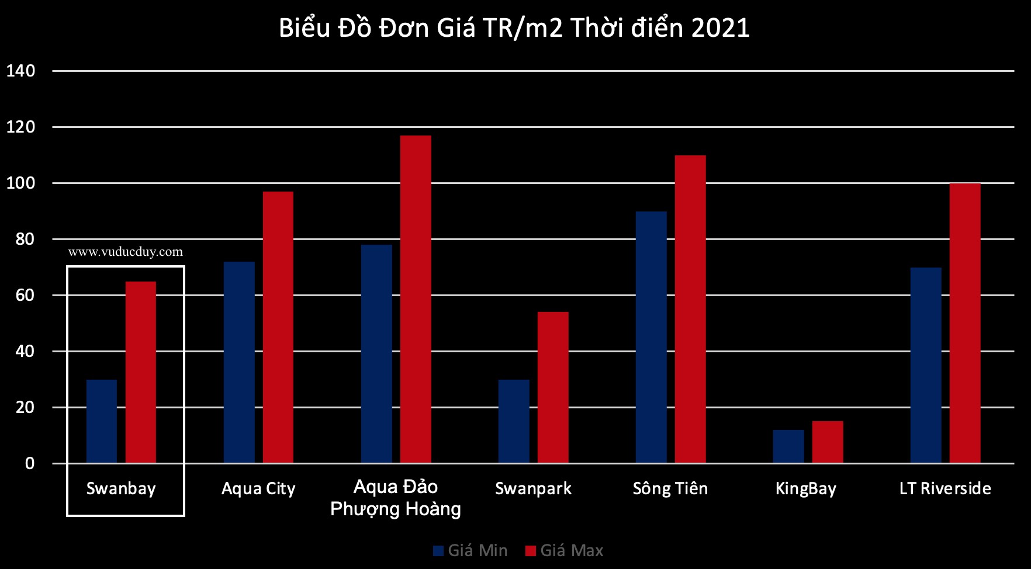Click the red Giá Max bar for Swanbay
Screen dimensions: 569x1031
pyautogui.click(x=141, y=372)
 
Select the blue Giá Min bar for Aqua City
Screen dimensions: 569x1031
pyautogui.click(x=239, y=362)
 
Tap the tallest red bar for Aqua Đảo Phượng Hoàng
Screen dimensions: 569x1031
pyautogui.click(x=416, y=299)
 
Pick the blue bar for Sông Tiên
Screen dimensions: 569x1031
pyautogui.click(x=651, y=337)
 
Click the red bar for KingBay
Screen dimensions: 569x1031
pyautogui.click(x=828, y=442)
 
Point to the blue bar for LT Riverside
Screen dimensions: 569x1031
pyautogui.click(x=926, y=365)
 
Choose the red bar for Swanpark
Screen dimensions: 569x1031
pyautogui.click(x=553, y=387)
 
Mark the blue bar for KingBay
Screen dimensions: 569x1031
pyautogui.click(x=788, y=446)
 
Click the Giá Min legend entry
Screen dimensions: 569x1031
pyautogui.click(x=470, y=550)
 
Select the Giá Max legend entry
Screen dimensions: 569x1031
pyautogui.click(x=565, y=550)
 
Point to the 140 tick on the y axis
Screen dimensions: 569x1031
pyautogui.click(x=20, y=71)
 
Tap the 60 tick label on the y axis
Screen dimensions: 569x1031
pyautogui.click(x=25, y=296)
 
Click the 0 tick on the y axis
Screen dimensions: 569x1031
pyautogui.click(x=30, y=464)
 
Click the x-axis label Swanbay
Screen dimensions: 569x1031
pyautogui.click(x=121, y=489)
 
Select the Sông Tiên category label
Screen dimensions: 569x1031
pyautogui.click(x=670, y=488)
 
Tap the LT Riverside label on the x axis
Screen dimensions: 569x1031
pyautogui.click(x=945, y=488)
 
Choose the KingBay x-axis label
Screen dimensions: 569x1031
pyautogui.click(x=806, y=489)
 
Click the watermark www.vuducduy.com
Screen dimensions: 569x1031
pyautogui.click(x=126, y=252)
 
